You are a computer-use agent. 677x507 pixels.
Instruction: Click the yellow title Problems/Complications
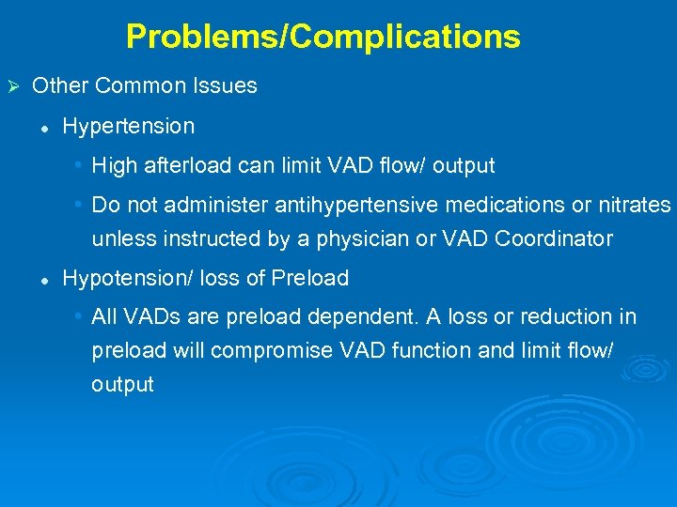[x=323, y=37]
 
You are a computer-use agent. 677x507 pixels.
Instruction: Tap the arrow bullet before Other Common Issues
[x=13, y=86]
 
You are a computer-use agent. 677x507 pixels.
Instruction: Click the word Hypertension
[x=128, y=126]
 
